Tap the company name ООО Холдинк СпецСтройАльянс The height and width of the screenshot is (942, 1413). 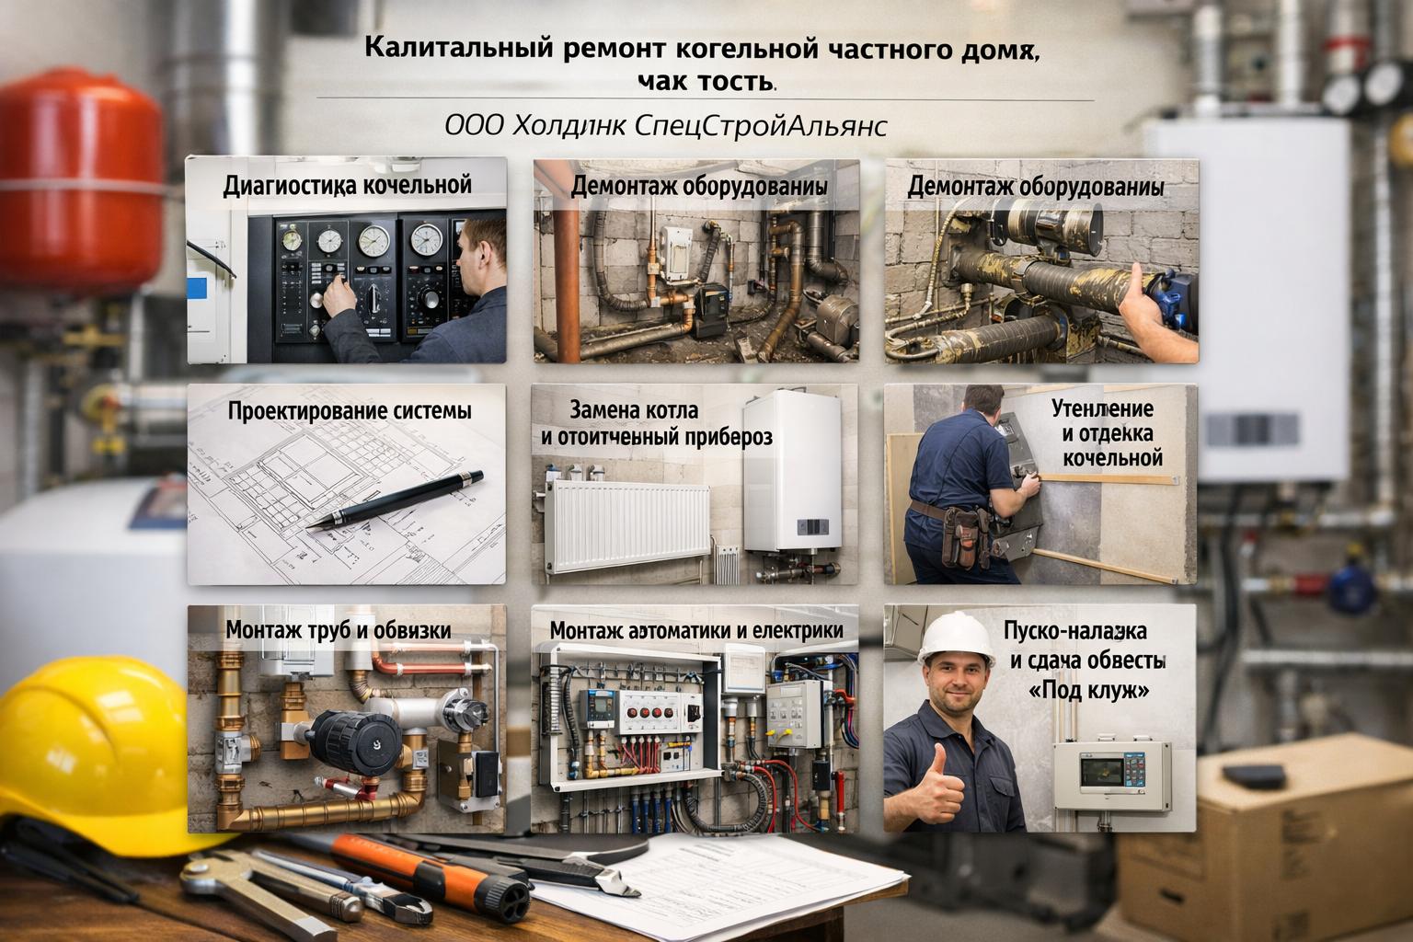(665, 125)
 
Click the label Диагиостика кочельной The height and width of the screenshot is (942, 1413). (347, 185)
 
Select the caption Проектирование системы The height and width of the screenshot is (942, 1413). (349, 410)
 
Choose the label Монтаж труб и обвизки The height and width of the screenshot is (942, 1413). (339, 630)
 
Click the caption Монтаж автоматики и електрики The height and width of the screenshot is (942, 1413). (696, 631)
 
